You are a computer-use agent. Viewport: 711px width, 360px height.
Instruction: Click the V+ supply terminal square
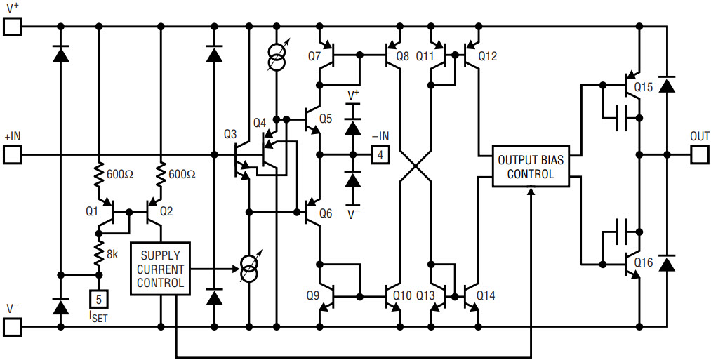(12, 26)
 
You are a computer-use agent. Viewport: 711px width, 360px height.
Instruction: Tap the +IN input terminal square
(12, 154)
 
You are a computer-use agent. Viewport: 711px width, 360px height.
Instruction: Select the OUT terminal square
(700, 154)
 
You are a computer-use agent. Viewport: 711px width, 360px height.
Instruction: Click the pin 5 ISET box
(99, 299)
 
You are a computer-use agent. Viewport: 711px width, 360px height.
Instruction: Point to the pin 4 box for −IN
(380, 155)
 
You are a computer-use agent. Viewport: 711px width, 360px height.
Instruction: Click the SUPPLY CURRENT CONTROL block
(161, 269)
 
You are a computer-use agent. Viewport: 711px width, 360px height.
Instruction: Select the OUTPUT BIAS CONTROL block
(531, 166)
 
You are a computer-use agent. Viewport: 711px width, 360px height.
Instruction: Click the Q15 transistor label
(644, 87)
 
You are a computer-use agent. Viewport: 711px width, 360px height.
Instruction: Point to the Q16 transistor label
(644, 262)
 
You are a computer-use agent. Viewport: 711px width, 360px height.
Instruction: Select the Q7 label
(313, 57)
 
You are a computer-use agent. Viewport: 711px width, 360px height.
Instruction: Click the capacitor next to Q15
(620, 118)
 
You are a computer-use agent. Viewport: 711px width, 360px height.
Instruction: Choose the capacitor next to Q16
(620, 232)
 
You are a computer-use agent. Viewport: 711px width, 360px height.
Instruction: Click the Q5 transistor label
(326, 119)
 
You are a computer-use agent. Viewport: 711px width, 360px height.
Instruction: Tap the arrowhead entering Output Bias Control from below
(531, 191)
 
